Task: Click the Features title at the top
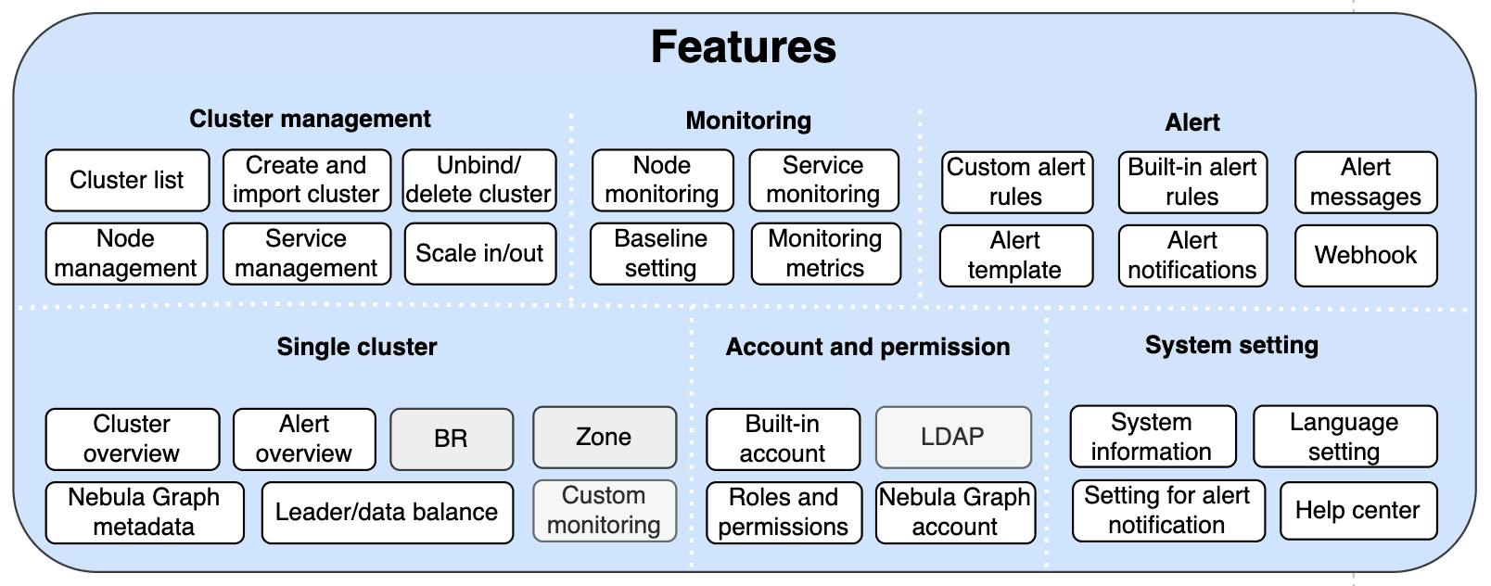(743, 47)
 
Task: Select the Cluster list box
(127, 180)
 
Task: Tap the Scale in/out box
(479, 253)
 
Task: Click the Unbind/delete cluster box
(479, 180)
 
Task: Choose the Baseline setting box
(661, 253)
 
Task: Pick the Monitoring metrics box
(825, 253)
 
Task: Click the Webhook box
(1365, 255)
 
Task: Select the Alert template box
(1015, 255)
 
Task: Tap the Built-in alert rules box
(1192, 182)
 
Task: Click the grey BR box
(452, 439)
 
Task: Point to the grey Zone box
(604, 437)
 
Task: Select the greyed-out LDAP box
(952, 437)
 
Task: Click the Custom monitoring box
(604, 510)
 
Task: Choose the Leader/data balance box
(387, 512)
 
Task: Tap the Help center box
(1357, 510)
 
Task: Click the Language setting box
(1344, 437)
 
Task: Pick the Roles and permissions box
(784, 512)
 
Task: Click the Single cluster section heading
(357, 347)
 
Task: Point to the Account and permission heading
(868, 347)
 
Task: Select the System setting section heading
(1231, 345)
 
